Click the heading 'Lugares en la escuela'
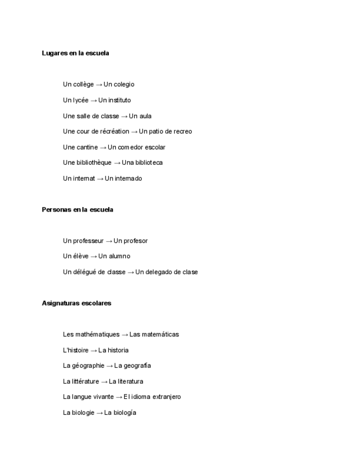[x=75, y=53]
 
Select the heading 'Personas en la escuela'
[x=77, y=209]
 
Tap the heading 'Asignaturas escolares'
[x=76, y=303]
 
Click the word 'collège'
[x=83, y=85]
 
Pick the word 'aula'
[x=145, y=116]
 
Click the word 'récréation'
[x=115, y=131]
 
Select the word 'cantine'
[x=87, y=147]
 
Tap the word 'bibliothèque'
[x=94, y=163]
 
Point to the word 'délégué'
[x=85, y=272]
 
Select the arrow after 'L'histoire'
[x=94, y=350]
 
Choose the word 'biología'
[x=125, y=413]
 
